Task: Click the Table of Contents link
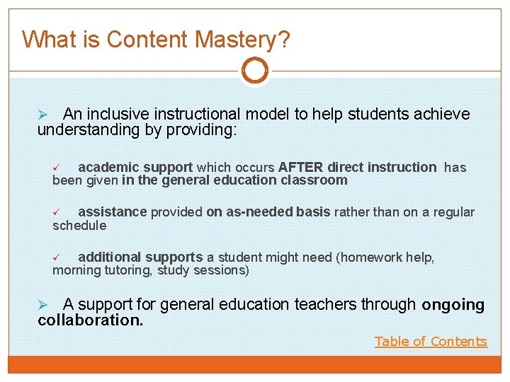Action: pos(431,342)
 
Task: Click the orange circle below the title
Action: pos(255,71)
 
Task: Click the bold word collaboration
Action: pos(90,320)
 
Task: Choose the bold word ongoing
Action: pos(453,305)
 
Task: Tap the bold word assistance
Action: pos(112,212)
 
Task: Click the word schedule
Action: pos(79,226)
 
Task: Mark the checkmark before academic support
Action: pos(59,168)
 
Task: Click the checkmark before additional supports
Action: pos(59,257)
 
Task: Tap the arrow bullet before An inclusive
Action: pos(42,115)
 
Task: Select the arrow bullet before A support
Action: pos(42,305)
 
